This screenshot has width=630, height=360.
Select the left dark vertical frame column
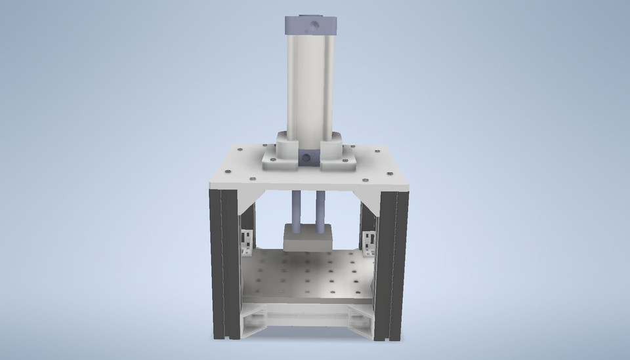click(221, 262)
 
